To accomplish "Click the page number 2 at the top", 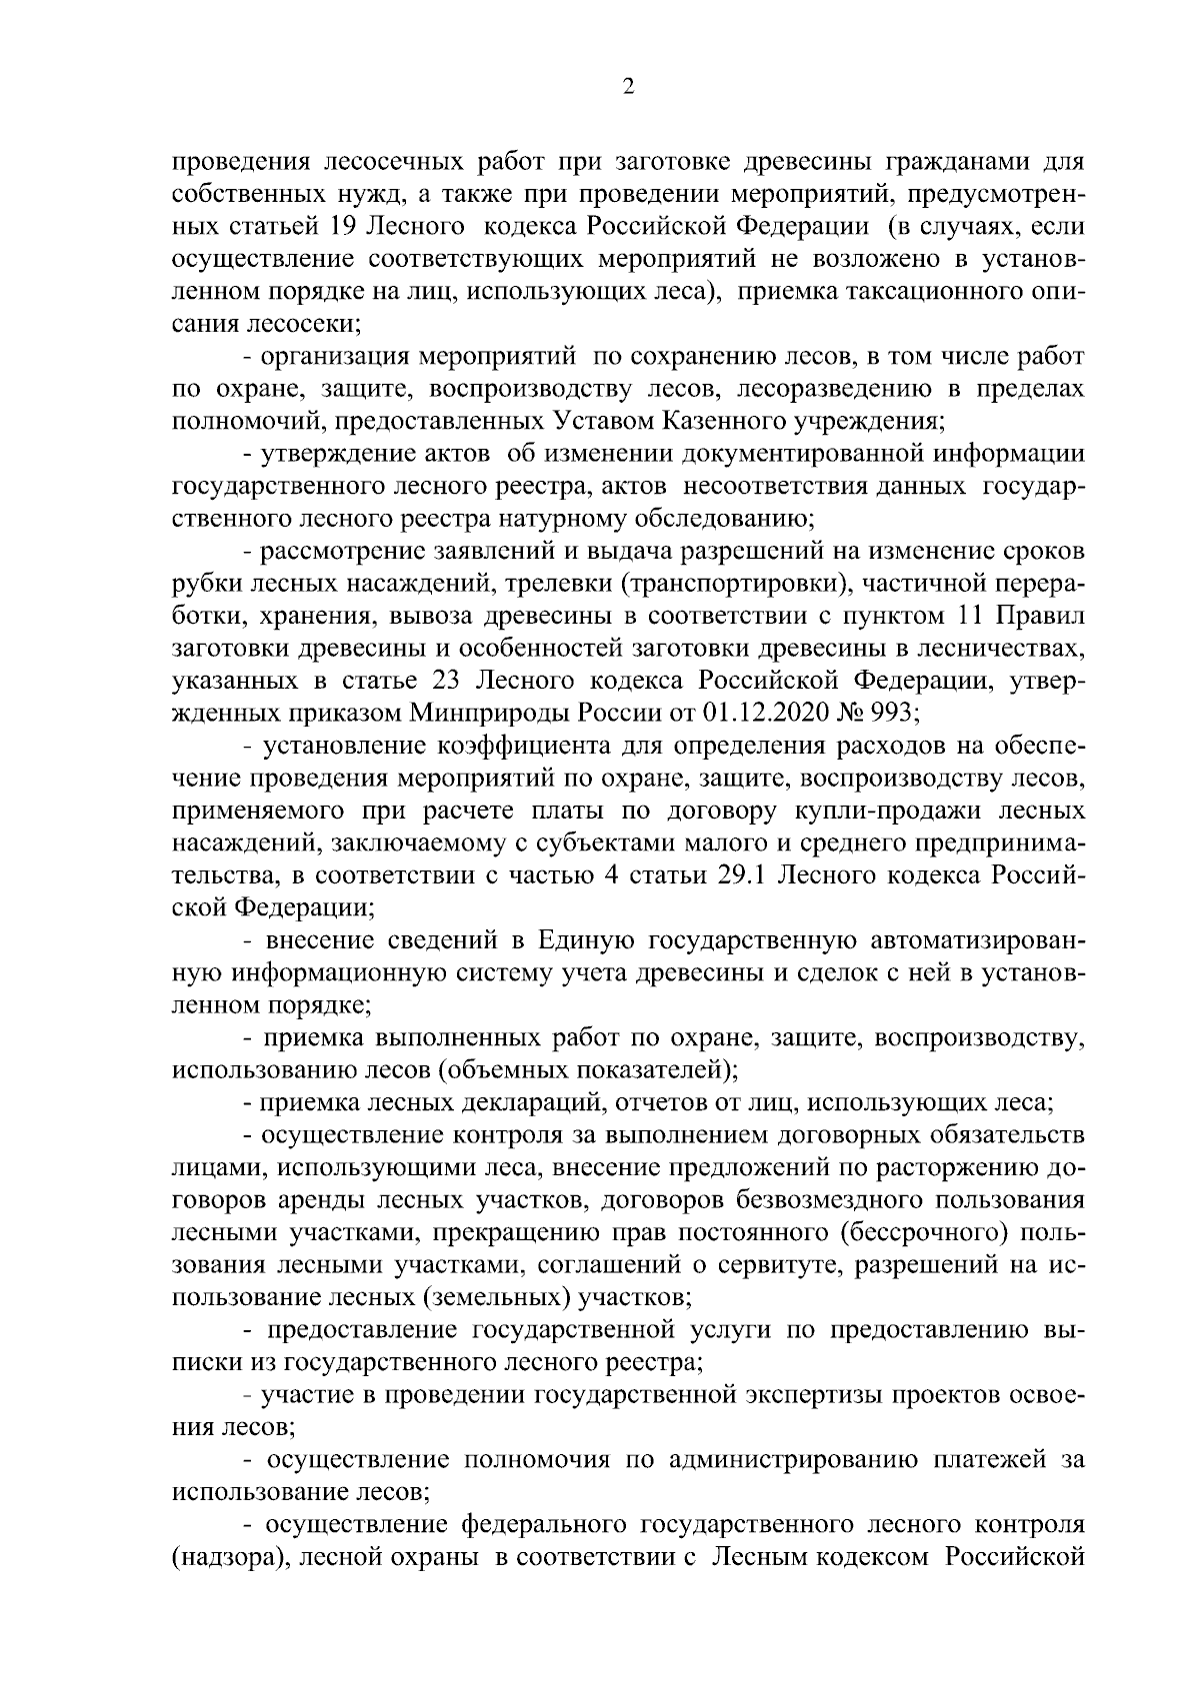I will (x=628, y=86).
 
